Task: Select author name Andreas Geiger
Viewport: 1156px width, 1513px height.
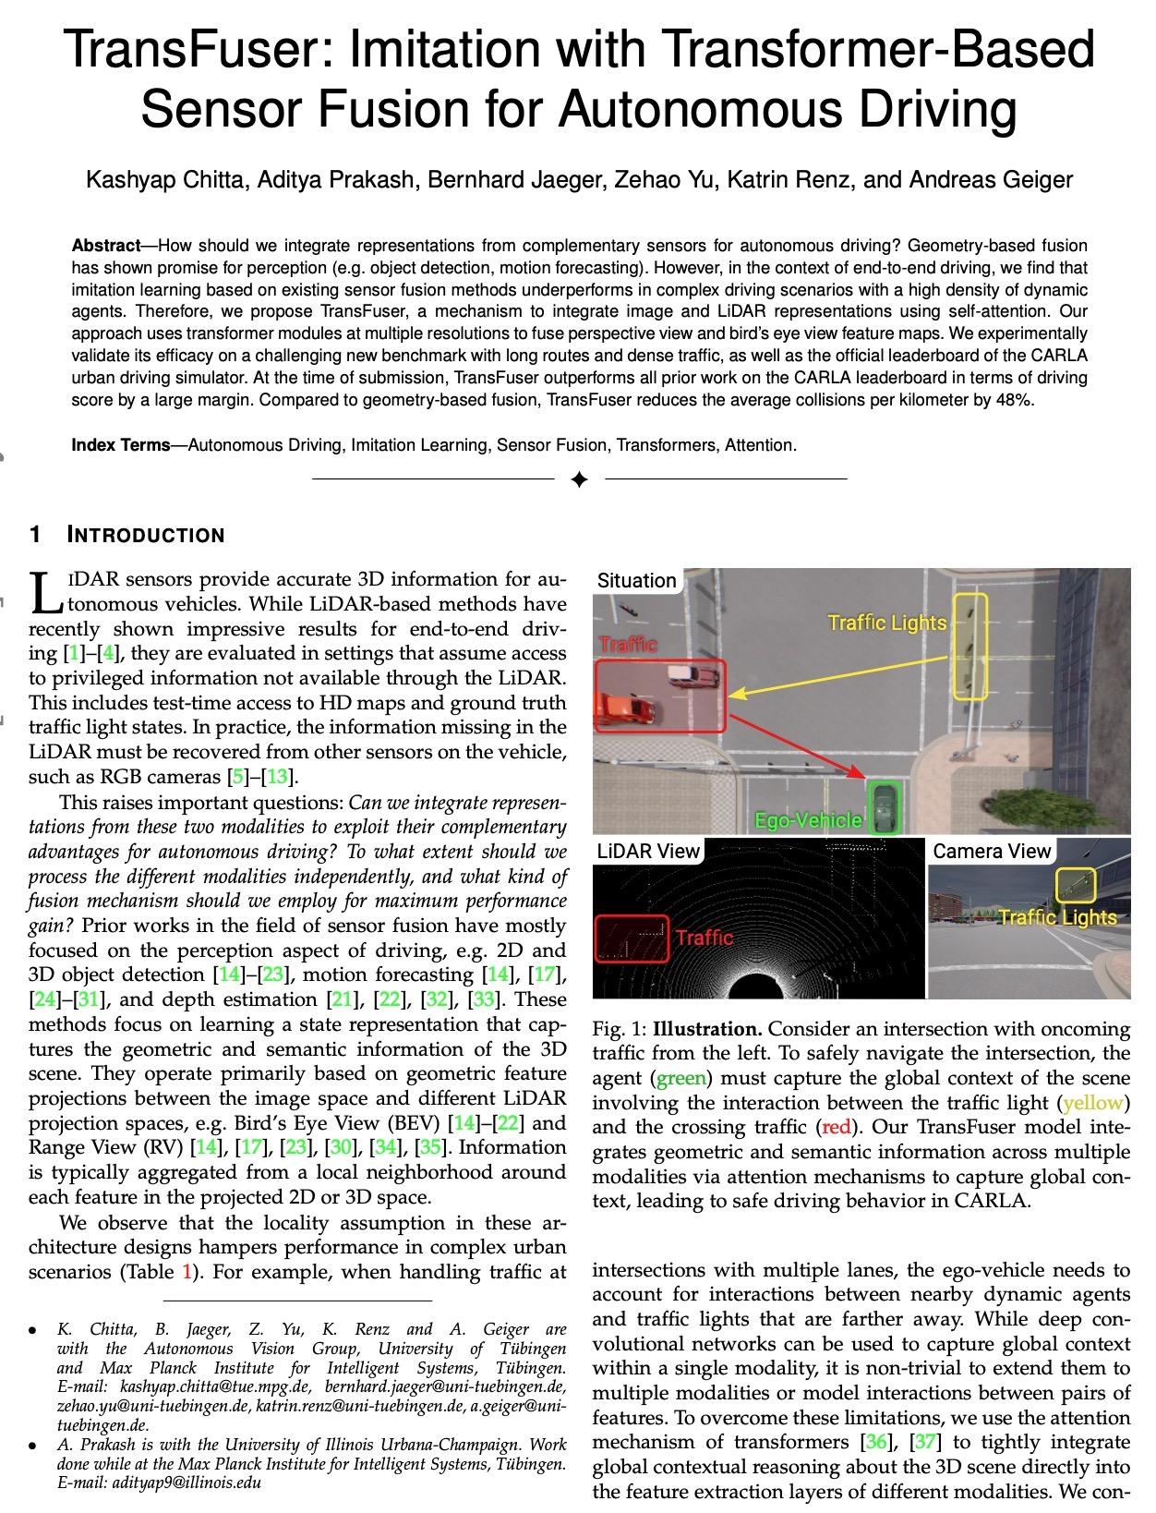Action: [991, 179]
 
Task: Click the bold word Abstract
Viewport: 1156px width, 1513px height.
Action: [105, 246]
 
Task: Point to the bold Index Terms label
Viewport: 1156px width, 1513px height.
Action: [121, 445]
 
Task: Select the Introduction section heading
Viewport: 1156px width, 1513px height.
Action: [146, 536]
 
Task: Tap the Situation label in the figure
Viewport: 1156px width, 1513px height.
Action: [636, 581]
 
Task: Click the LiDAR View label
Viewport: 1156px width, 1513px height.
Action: [648, 851]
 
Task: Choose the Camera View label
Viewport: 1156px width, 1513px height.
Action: [992, 851]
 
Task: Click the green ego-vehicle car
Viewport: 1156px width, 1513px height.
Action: [885, 805]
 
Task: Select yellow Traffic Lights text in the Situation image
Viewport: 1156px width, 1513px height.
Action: [886, 623]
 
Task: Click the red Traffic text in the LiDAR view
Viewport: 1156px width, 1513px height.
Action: [704, 938]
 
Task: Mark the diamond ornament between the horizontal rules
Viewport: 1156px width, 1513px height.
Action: [579, 479]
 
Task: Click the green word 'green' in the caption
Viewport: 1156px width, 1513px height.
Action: [680, 1078]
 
